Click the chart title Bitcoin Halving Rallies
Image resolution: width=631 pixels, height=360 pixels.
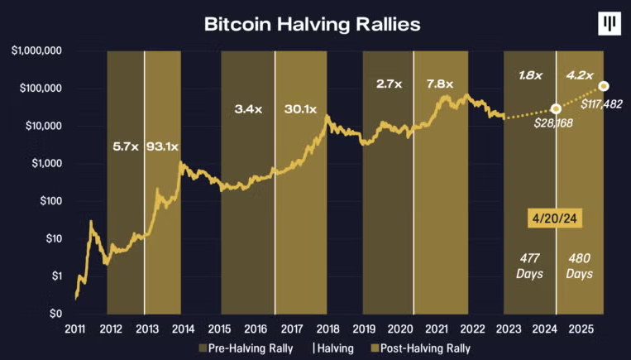coord(313,24)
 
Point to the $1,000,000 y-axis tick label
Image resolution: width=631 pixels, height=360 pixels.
coord(38,51)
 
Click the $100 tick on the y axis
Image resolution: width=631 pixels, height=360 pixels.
coord(50,201)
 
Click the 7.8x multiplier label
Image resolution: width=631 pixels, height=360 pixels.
coord(439,84)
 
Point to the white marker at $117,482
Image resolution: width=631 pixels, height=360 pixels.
coord(605,86)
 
